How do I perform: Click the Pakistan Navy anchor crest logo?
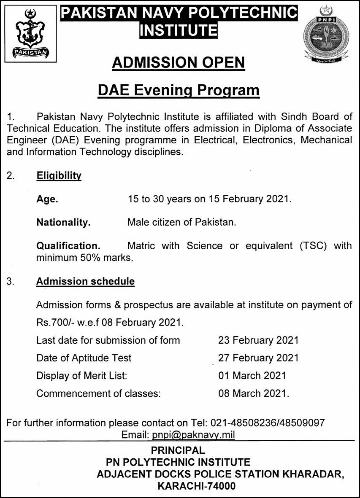(30, 34)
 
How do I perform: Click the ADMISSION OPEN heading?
(178, 63)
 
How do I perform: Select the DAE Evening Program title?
(179, 90)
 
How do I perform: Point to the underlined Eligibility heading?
(59, 176)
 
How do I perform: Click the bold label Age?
(47, 199)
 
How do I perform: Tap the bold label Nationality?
(63, 222)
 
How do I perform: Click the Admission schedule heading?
(85, 281)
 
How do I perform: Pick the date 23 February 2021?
(258, 340)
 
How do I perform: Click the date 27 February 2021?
(258, 358)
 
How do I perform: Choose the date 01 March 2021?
(252, 376)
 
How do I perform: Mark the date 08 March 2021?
(253, 394)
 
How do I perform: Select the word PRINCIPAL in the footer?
(178, 450)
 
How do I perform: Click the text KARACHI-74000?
(197, 486)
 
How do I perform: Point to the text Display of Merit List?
(82, 376)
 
